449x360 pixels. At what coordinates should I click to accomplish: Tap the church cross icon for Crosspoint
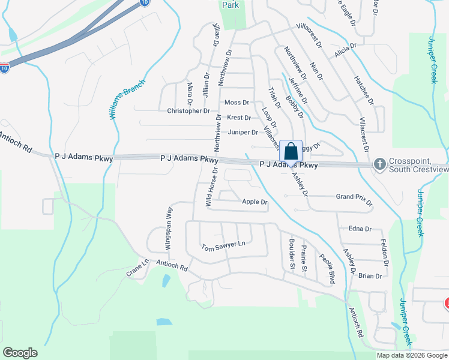coord(379,164)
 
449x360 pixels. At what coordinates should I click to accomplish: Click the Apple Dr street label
coord(255,202)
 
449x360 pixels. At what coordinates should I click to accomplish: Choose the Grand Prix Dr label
coord(354,197)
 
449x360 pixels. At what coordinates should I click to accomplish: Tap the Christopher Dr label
coord(188,111)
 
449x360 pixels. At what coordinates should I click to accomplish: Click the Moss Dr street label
coord(237,103)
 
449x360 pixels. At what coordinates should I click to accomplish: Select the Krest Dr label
coord(239,118)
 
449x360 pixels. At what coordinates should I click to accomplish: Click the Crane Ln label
coord(137,268)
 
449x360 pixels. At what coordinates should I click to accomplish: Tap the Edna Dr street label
coord(360,229)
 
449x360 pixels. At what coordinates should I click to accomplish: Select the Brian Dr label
coord(370,276)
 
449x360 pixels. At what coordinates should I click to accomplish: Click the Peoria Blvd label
coord(327,268)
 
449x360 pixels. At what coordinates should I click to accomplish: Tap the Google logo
coord(20,353)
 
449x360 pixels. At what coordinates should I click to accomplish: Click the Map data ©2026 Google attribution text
coord(412,355)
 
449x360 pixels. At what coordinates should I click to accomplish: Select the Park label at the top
coord(231,5)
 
